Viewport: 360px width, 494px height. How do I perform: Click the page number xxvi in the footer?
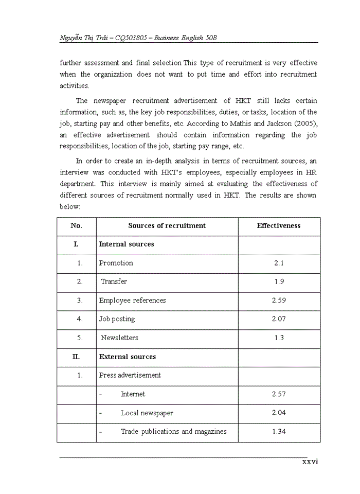[310, 462]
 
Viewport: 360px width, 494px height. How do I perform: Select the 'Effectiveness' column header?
[279, 226]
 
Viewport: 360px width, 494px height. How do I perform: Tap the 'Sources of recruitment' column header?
[167, 226]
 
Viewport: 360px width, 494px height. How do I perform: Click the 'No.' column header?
[76, 226]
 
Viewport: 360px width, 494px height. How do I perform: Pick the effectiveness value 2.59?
[279, 301]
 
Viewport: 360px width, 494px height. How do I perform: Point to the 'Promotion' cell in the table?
[116, 263]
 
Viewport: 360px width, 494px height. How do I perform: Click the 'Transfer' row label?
[114, 281]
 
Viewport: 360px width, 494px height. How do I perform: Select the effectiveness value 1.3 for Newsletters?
[279, 338]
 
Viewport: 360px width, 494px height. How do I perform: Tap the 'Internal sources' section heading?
[127, 244]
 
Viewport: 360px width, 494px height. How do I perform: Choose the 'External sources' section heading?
[128, 357]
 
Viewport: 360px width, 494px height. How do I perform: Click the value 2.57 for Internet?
[279, 394]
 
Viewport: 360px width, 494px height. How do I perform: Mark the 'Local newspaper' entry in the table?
[147, 413]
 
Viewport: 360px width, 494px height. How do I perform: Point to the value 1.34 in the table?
[279, 432]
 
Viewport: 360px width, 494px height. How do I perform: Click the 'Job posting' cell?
[117, 319]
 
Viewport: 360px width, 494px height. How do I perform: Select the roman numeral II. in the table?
[76, 357]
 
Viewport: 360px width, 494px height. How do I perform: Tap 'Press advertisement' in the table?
[130, 375]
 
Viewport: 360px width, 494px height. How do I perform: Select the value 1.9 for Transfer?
[279, 281]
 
